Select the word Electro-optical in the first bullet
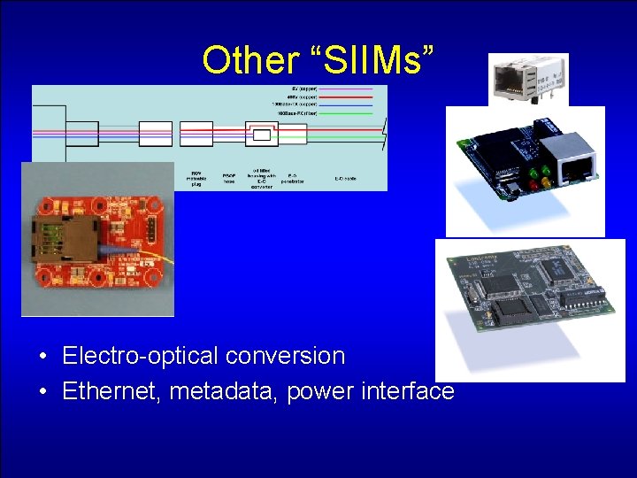141,356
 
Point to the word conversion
285,356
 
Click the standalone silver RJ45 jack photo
528,80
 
